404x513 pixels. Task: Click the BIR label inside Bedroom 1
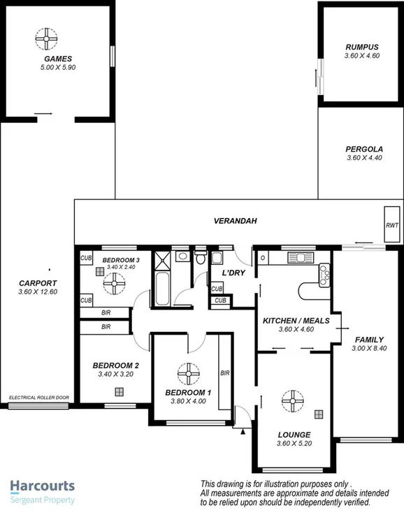225,373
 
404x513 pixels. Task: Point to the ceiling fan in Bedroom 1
188,374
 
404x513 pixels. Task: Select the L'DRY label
233,272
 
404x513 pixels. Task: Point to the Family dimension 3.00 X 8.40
368,348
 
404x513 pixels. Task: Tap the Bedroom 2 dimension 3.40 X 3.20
117,374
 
